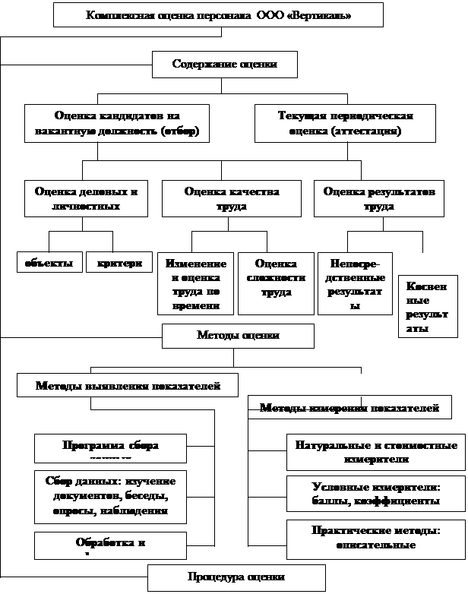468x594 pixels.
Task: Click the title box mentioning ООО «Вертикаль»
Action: [219, 15]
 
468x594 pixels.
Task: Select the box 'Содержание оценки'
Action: [224, 65]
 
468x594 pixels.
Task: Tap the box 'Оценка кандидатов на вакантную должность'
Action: [116, 123]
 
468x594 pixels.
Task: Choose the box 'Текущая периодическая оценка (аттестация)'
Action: [345, 123]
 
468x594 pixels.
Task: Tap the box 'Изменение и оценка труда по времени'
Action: [194, 283]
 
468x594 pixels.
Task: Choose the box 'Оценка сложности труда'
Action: [276, 283]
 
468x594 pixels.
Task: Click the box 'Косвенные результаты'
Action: [427, 306]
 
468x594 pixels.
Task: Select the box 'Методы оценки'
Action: [238, 336]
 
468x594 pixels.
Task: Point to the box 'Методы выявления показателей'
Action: [128, 385]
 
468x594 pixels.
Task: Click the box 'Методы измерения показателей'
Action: [349, 408]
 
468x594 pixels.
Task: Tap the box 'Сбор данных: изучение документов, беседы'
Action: [110, 497]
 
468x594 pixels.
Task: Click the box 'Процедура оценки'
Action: [236, 577]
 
